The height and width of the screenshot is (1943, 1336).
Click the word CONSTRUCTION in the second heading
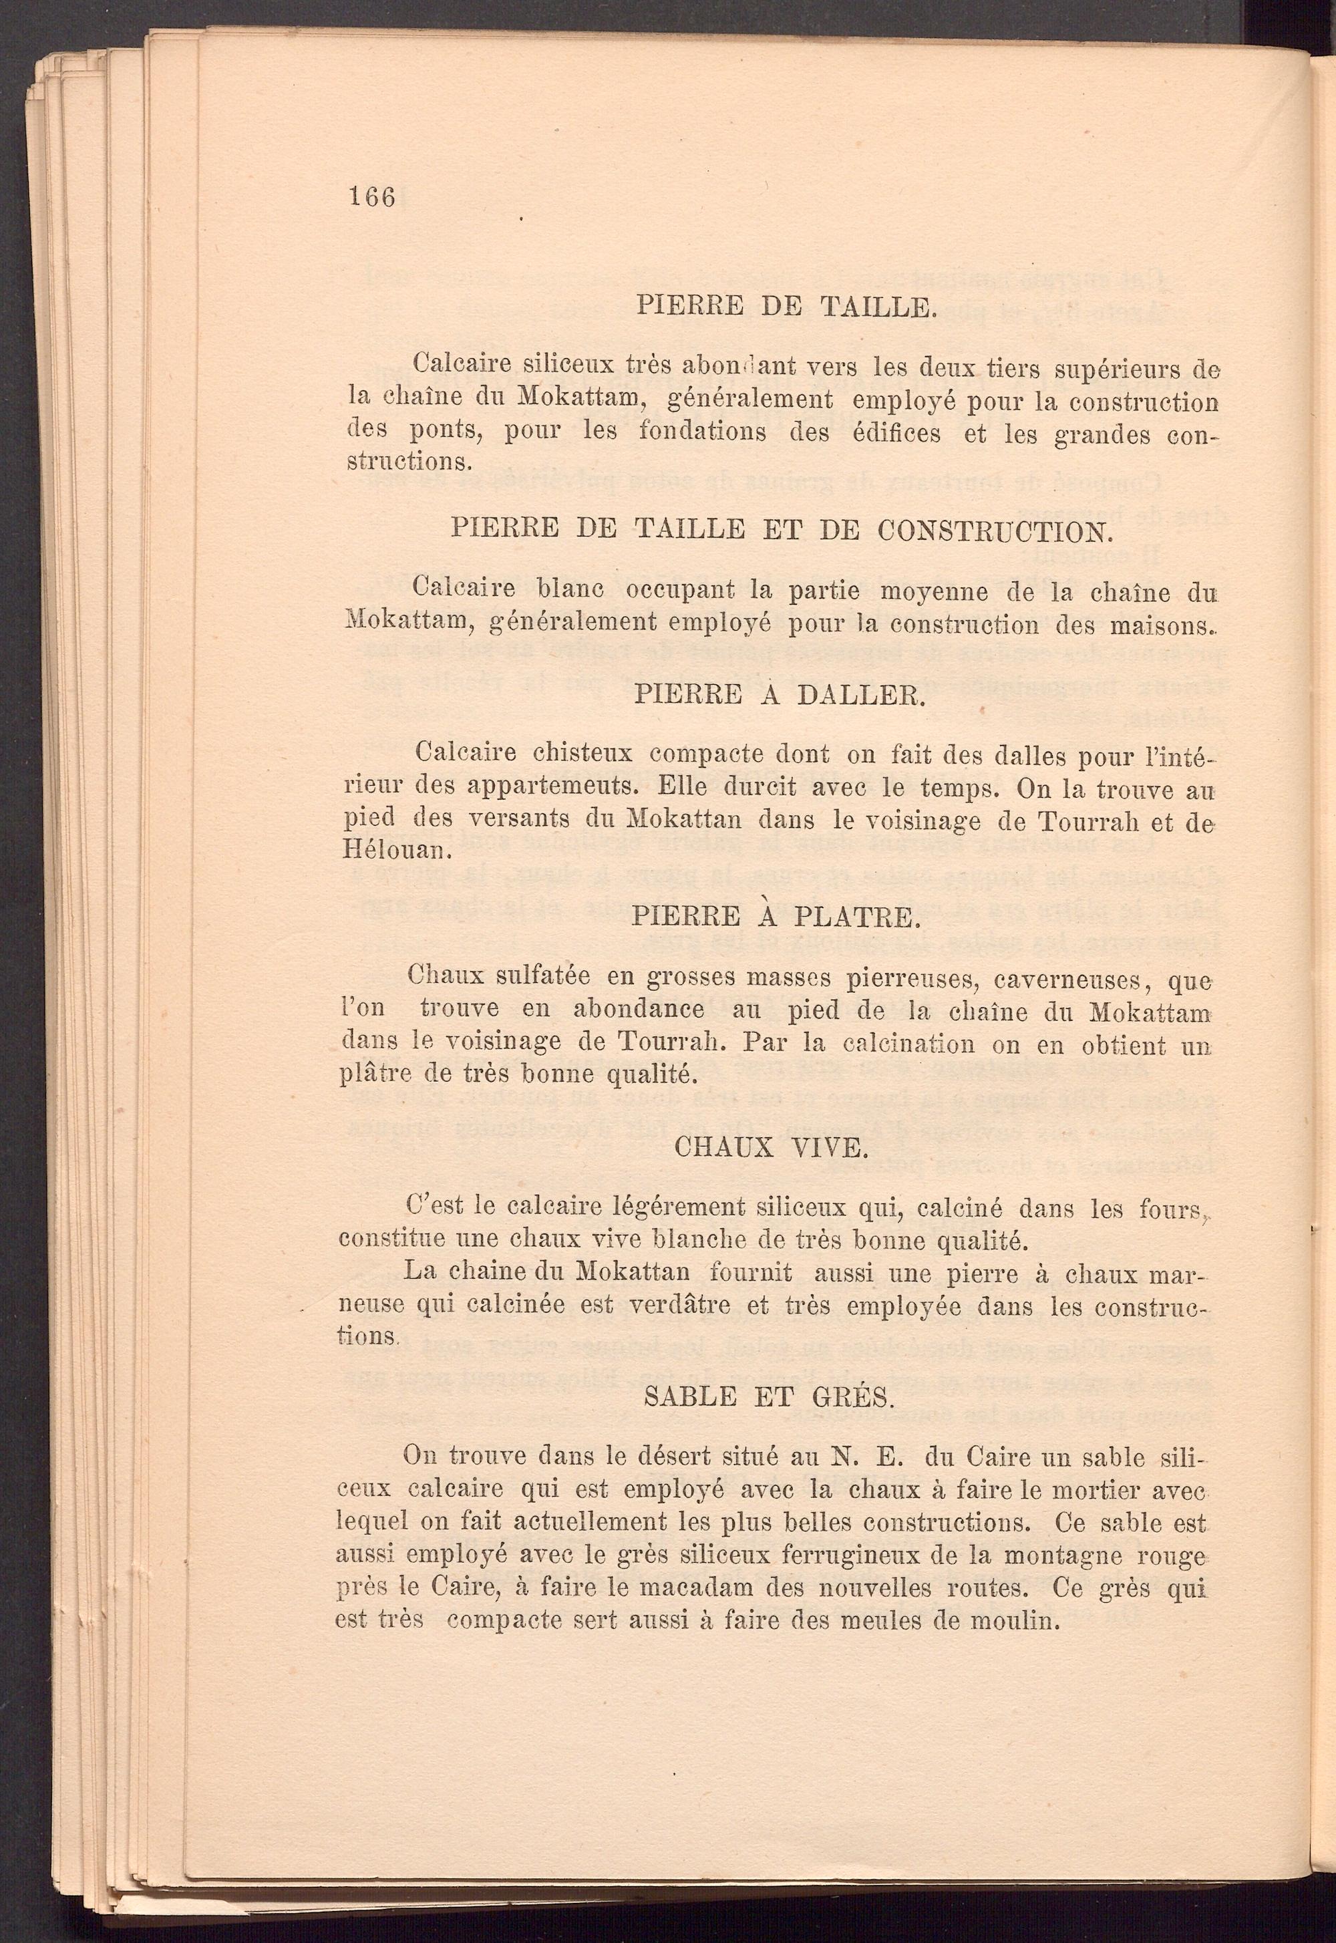click(988, 531)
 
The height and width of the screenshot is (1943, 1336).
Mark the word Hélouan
click(381, 851)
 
